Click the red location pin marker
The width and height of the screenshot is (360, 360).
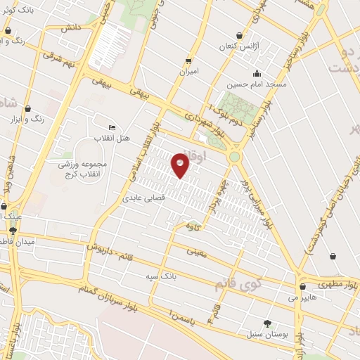pos(181,165)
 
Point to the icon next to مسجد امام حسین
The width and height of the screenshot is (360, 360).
pos(257,73)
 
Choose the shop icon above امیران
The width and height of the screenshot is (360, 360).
pos(188,60)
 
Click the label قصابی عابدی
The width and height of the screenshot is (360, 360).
pos(143,199)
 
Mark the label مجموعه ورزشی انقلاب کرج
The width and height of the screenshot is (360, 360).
pos(79,167)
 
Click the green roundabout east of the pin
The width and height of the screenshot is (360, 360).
pos(233,157)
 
